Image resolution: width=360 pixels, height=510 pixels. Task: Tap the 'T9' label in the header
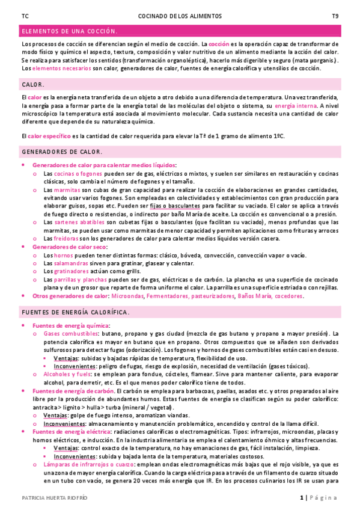point(335,16)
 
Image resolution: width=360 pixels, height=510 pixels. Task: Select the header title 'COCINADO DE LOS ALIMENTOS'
point(180,16)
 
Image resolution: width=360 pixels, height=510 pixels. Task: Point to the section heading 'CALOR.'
point(32,85)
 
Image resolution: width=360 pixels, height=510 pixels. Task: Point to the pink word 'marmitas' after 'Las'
point(67,189)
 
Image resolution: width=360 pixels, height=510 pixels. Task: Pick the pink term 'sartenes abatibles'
point(80,222)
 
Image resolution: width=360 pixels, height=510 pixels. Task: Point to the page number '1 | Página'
point(319,497)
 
